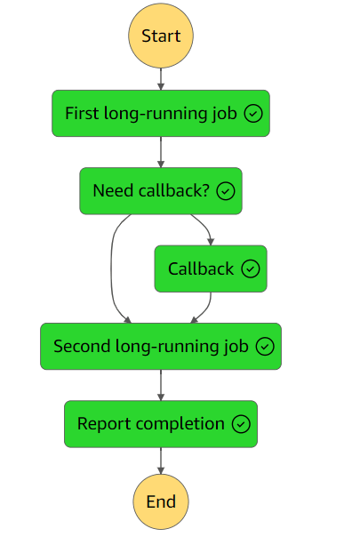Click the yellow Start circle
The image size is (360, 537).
tap(161, 36)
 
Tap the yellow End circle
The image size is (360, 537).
tap(161, 501)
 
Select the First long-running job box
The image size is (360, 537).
tap(161, 114)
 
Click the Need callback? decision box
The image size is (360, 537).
tap(161, 191)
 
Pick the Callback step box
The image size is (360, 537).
tap(211, 268)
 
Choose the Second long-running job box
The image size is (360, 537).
tap(161, 346)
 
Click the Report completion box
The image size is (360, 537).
tap(161, 424)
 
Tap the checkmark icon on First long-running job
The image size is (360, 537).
tap(253, 114)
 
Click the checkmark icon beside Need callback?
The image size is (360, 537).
tap(226, 191)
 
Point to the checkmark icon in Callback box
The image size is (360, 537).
tap(251, 268)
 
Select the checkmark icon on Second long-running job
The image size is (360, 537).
tap(265, 346)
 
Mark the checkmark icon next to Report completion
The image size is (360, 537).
tap(241, 424)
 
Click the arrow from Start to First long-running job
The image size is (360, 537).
tap(161, 79)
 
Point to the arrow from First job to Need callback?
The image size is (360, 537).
tap(161, 152)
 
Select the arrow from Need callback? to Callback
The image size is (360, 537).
tap(205, 226)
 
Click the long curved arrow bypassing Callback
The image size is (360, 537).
tap(111, 268)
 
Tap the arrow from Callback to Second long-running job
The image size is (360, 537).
tap(207, 309)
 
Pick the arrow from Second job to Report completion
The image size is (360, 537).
tap(161, 385)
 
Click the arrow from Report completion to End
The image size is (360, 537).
tap(161, 461)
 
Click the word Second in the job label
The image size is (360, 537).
tap(82, 346)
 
